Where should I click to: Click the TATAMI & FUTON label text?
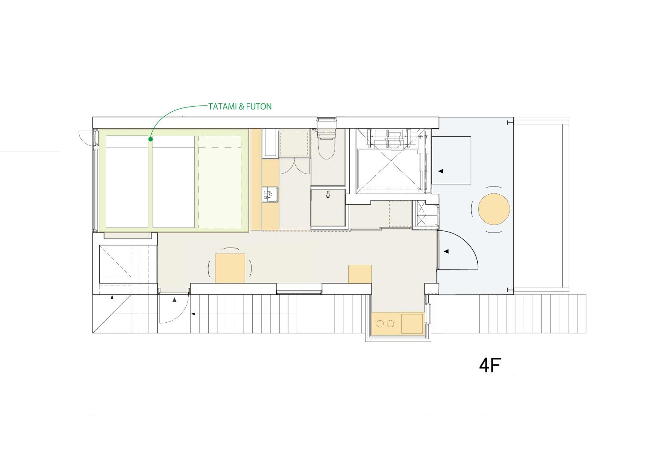tap(240, 106)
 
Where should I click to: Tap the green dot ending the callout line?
tap(150, 139)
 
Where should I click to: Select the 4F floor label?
tap(490, 365)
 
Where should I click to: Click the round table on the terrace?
tap(494, 209)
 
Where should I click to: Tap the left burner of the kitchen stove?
tap(380, 324)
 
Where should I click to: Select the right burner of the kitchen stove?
tap(391, 324)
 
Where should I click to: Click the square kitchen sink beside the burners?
tap(412, 324)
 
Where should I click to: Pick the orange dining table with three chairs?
tap(230, 268)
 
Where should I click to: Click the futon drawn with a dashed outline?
tap(220, 182)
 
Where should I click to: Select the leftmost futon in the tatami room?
tap(127, 182)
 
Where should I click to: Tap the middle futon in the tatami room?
tap(173, 182)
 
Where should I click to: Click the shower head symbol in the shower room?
tap(328, 194)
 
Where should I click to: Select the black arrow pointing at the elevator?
tap(441, 171)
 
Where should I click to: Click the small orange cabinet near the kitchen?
tap(360, 274)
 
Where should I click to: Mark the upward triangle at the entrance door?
tap(174, 300)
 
